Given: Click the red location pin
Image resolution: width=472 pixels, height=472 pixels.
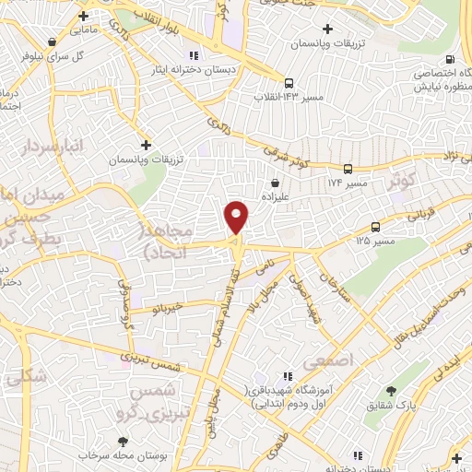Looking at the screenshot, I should tap(237, 217).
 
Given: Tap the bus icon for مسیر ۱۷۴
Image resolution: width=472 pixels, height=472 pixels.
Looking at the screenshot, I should tap(348, 170).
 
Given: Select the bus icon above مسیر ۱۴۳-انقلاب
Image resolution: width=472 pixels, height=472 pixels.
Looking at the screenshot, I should tap(289, 81).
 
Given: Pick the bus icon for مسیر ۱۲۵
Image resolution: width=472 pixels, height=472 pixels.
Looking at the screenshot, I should tap(375, 227).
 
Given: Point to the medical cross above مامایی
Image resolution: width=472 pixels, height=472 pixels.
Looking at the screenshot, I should tap(84, 16).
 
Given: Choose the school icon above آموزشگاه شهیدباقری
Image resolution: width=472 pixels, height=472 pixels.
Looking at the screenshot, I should tap(287, 376).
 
